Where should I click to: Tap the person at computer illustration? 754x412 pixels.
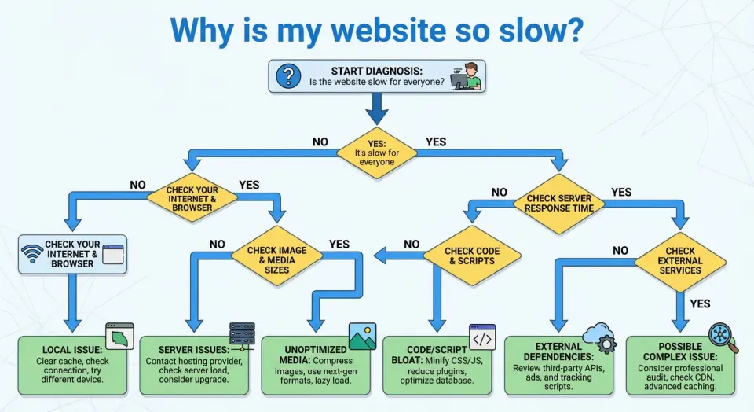click(x=467, y=76)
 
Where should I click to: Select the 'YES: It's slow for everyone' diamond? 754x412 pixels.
click(x=376, y=149)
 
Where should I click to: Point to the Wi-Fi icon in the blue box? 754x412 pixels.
click(x=32, y=253)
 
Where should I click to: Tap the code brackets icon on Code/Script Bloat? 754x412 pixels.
click(x=482, y=337)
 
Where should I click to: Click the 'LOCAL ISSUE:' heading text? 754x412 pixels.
click(x=71, y=350)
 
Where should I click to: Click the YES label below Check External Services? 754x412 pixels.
click(x=698, y=303)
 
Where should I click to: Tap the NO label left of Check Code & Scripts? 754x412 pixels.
click(x=411, y=244)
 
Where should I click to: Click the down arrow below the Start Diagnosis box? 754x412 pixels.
click(x=377, y=109)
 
